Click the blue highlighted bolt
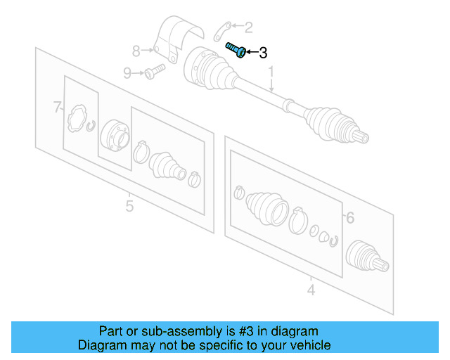point(235,50)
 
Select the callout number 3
point(263,53)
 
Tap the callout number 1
point(271,72)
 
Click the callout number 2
point(248,27)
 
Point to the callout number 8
point(136,50)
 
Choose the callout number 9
point(127,72)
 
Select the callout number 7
point(58,108)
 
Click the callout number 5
point(129,206)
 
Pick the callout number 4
point(311,288)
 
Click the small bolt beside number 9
point(153,70)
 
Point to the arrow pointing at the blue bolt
point(251,52)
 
